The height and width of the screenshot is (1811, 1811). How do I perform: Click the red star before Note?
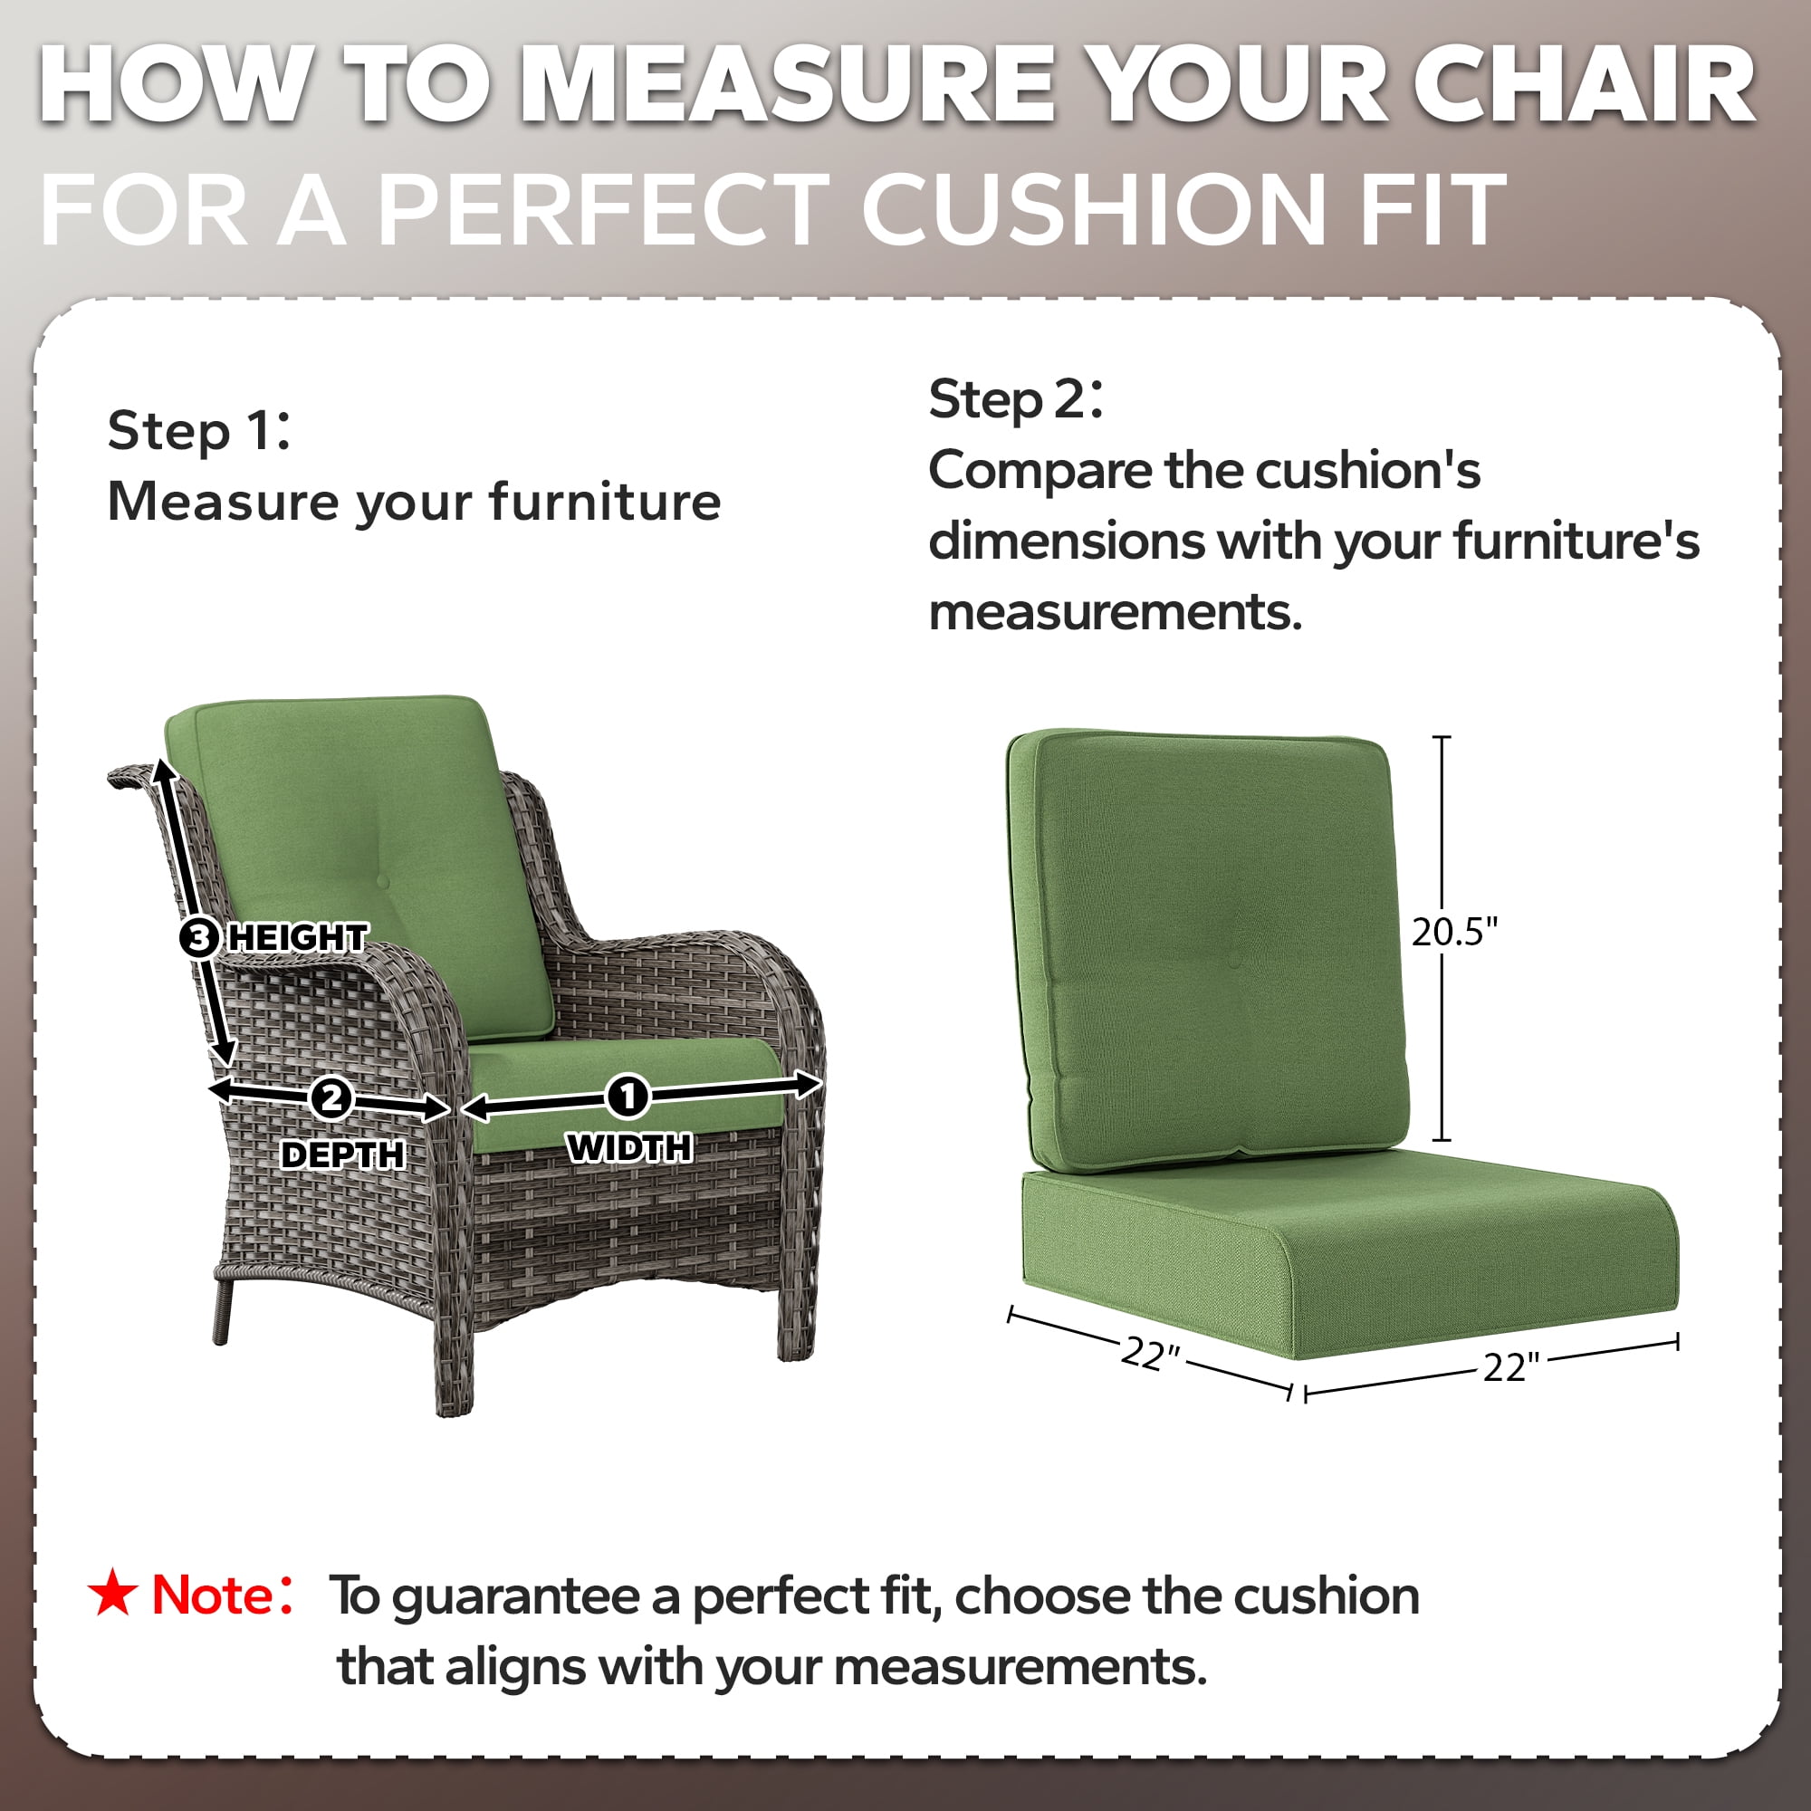[112, 1593]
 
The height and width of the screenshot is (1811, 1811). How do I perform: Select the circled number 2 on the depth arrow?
[330, 1097]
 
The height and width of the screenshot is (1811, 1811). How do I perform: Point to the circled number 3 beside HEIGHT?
[198, 937]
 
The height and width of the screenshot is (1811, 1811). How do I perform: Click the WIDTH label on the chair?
[629, 1148]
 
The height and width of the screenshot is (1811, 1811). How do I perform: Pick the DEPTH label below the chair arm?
[343, 1155]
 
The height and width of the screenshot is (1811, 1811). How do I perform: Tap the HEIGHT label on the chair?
[298, 937]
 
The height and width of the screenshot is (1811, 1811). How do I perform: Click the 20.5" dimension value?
[1455, 932]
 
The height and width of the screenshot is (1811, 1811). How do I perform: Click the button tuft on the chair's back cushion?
[381, 881]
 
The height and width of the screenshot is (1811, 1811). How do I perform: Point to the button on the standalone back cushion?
[1234, 961]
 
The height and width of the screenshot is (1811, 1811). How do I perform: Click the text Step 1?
[198, 431]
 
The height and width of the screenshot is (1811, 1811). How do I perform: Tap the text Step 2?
[1015, 400]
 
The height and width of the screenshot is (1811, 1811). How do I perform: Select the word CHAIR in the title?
[1583, 84]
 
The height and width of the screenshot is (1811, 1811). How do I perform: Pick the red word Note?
[213, 1595]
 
